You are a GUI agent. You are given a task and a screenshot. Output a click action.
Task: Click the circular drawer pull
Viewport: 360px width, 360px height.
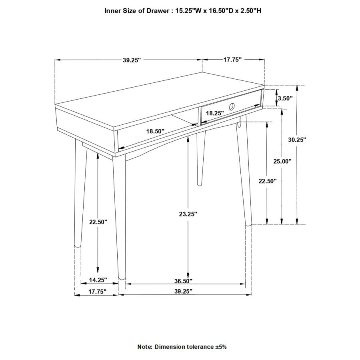(x=232, y=106)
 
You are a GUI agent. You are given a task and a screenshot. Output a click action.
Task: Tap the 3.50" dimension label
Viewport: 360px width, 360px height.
(x=285, y=98)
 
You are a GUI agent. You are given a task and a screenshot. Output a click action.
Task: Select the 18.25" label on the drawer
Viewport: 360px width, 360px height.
(x=215, y=113)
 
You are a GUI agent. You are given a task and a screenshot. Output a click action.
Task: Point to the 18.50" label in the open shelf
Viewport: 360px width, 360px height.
(x=155, y=131)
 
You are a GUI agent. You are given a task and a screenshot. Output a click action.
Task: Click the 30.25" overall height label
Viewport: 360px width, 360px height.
(x=297, y=140)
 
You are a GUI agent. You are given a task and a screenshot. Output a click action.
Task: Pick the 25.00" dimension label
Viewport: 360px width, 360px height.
(x=282, y=161)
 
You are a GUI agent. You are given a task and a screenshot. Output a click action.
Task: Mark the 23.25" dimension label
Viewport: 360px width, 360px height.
(x=188, y=214)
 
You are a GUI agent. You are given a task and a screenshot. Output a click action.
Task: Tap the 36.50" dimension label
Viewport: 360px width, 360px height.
(x=183, y=280)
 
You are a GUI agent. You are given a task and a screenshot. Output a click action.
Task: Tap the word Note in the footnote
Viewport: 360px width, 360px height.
(x=144, y=347)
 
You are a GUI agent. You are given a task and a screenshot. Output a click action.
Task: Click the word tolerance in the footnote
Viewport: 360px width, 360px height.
(x=199, y=347)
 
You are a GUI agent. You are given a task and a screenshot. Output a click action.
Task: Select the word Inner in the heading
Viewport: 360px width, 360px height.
(x=113, y=11)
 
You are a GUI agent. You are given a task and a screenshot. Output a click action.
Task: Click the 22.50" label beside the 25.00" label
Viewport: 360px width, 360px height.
(x=267, y=181)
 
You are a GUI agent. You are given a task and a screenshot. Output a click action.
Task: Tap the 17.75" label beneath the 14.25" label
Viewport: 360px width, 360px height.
(x=97, y=292)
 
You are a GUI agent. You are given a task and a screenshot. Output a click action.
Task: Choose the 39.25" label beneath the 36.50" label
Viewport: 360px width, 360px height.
(x=183, y=292)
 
